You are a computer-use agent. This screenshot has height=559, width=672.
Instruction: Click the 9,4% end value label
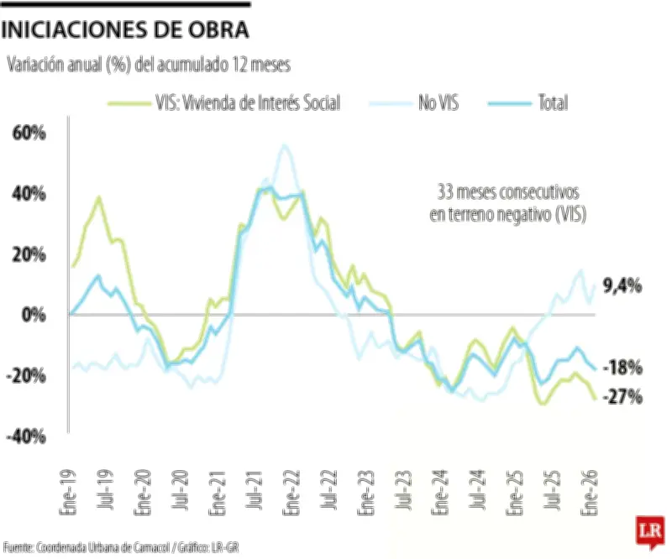622,287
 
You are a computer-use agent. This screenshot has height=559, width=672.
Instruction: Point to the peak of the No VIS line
284,146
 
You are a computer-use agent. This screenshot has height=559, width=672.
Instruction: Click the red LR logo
648,532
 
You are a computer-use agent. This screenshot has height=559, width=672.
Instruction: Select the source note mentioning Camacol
121,547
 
